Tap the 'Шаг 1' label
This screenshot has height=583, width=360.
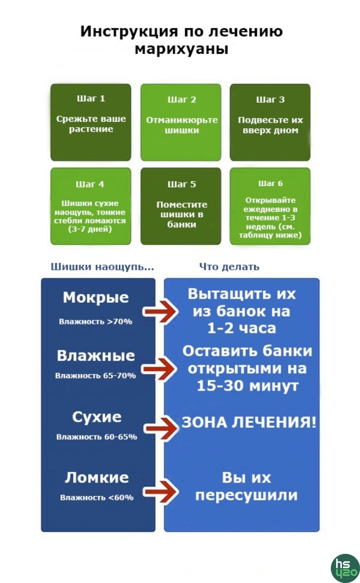(x=91, y=99)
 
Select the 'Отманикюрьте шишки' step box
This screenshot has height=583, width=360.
(x=181, y=122)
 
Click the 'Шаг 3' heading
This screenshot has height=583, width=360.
(x=270, y=100)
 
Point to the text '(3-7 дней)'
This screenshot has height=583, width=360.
(x=90, y=229)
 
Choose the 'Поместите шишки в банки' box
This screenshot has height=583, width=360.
(x=181, y=206)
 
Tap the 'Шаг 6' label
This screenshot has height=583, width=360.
(x=270, y=184)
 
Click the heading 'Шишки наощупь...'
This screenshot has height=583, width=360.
(x=103, y=267)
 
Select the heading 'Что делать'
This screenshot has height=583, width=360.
(x=229, y=267)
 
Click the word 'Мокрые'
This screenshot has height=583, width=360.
(x=96, y=297)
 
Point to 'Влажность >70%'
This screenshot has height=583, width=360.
(x=96, y=322)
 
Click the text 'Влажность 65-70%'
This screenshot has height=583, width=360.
(x=96, y=376)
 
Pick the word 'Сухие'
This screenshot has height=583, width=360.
(x=97, y=417)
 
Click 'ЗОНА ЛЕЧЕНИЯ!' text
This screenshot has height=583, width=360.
(x=249, y=422)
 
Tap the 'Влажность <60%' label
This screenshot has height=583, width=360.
(x=97, y=497)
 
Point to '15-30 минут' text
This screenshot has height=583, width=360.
(x=247, y=386)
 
